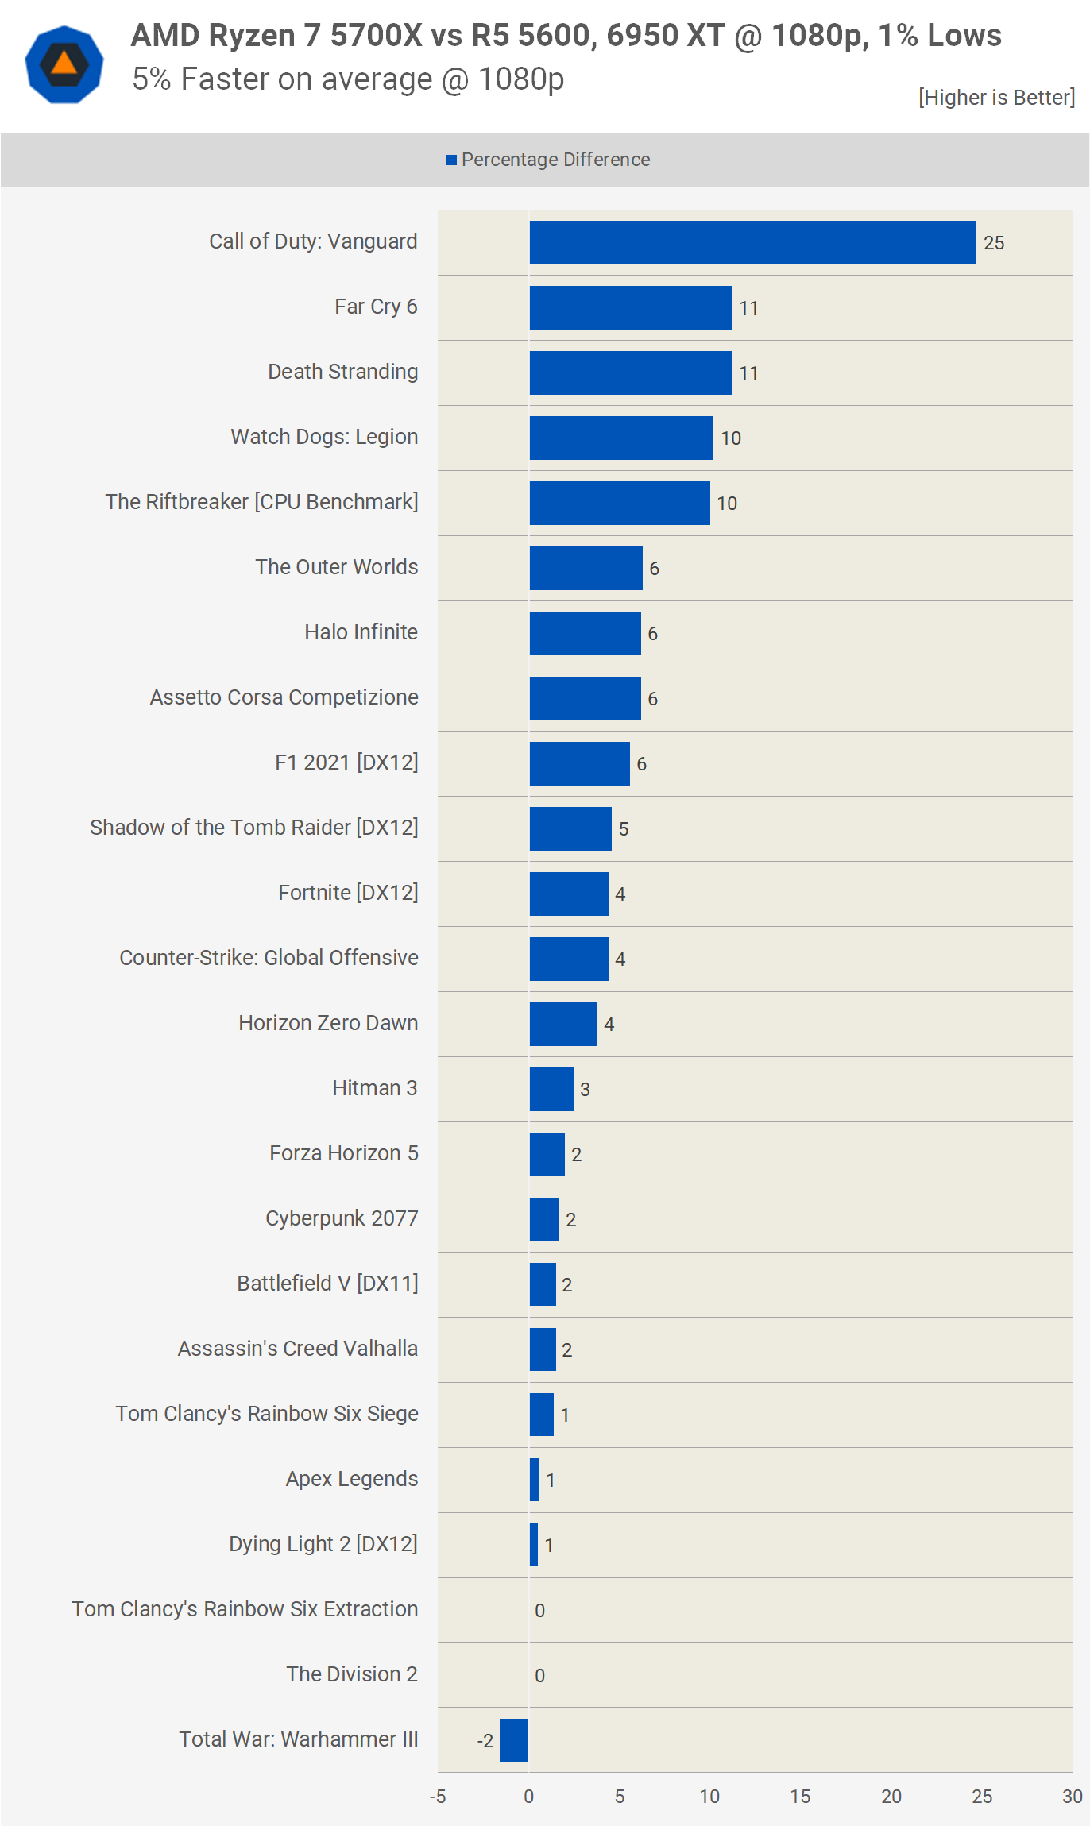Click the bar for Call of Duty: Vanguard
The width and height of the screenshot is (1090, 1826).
click(x=752, y=242)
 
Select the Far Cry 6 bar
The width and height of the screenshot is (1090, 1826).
click(x=630, y=307)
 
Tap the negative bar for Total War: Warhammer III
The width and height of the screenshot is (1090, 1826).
click(x=513, y=1739)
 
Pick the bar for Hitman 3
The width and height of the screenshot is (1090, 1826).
click(x=551, y=1089)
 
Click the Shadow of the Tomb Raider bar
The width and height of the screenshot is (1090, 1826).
click(x=570, y=828)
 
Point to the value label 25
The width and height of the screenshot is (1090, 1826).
click(x=994, y=243)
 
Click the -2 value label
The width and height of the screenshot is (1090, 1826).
click(x=485, y=1741)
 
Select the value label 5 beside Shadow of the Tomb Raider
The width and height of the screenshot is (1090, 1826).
click(x=624, y=829)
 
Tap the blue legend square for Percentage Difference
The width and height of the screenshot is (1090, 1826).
click(x=451, y=160)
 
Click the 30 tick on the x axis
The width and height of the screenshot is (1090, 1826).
click(x=1073, y=1797)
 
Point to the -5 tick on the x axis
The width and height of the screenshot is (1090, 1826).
click(x=438, y=1797)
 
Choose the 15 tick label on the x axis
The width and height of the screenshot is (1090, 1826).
click(x=800, y=1797)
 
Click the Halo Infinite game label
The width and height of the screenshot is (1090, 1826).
click(x=361, y=632)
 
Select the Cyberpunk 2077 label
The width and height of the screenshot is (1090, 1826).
click(x=342, y=1218)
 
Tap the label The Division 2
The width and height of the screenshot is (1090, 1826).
click(x=352, y=1674)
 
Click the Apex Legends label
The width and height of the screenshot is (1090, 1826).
click(x=352, y=1479)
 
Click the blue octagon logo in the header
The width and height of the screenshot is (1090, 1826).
click(x=64, y=64)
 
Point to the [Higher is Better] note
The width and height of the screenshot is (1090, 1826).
click(x=996, y=98)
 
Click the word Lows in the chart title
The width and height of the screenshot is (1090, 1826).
click(x=964, y=36)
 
